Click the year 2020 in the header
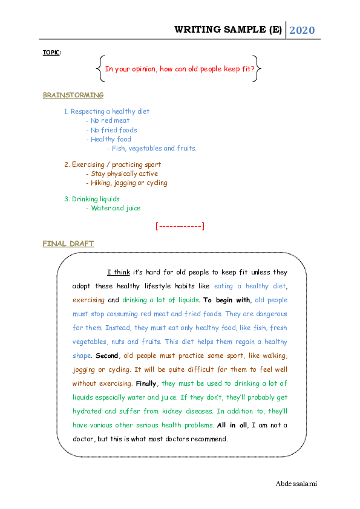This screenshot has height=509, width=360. [x=302, y=30]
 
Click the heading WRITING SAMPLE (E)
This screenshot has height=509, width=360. [x=228, y=30]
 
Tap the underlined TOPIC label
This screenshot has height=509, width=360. [x=51, y=53]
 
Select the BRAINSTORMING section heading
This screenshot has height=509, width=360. [x=73, y=95]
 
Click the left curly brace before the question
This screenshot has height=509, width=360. [x=99, y=68]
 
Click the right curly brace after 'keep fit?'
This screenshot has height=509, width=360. [x=258, y=68]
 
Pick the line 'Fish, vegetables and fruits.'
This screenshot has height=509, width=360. [x=151, y=148]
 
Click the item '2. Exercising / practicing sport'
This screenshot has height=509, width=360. [x=113, y=164]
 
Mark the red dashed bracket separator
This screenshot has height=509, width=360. [x=180, y=226]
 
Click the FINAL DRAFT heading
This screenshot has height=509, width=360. [x=68, y=244]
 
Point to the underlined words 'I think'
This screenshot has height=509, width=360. [x=118, y=272]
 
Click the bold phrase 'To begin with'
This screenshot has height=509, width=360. [x=227, y=300]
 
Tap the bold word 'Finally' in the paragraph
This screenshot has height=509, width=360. [x=147, y=383]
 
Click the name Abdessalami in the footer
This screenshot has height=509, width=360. [x=296, y=484]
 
